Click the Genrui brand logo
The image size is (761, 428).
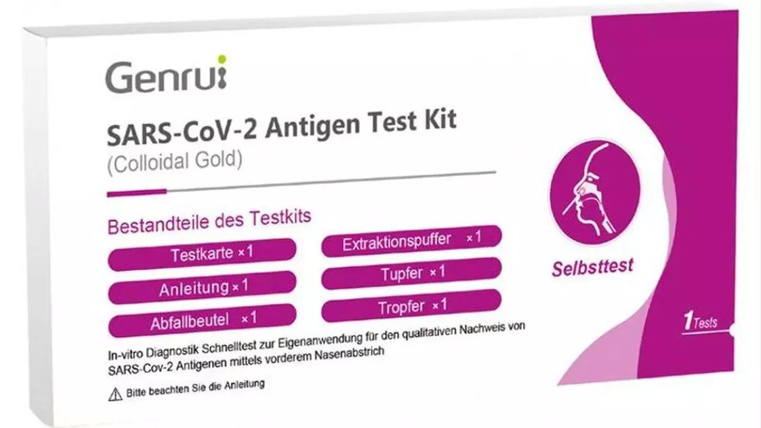[166, 74]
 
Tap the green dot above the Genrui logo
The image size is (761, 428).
[221, 59]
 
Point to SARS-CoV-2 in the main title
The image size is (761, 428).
[182, 133]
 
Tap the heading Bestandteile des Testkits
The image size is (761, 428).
[209, 222]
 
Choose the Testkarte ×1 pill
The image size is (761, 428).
[202, 254]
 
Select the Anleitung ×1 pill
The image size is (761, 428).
[202, 287]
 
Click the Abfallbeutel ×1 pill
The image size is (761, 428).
[202, 320]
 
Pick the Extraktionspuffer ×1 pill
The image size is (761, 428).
[412, 241]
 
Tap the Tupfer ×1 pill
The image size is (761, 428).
[412, 273]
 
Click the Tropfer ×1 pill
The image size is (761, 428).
[412, 306]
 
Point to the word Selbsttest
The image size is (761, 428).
[592, 267]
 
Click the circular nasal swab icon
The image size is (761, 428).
[595, 192]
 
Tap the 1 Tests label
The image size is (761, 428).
[701, 321]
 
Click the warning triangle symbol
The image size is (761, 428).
[115, 394]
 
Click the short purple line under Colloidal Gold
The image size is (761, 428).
[136, 193]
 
